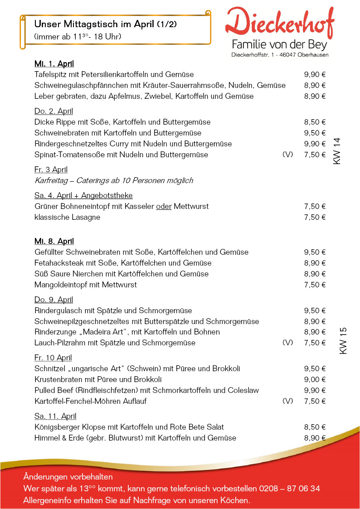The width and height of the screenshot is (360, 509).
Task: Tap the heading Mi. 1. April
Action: (x=54, y=64)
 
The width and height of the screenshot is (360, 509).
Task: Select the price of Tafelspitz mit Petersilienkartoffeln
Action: (x=315, y=75)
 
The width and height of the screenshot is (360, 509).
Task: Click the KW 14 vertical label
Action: (x=337, y=151)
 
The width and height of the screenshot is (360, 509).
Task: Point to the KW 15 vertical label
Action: (x=343, y=341)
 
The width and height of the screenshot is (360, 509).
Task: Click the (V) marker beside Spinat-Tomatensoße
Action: (x=287, y=155)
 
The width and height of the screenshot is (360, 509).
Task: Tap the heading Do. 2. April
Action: (x=54, y=111)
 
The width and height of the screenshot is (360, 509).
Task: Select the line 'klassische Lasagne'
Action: (x=67, y=217)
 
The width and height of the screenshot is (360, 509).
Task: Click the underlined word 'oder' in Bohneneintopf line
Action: (x=163, y=206)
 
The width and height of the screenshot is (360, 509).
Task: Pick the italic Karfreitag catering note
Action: (x=114, y=180)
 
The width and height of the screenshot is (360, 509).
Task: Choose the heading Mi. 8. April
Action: (x=54, y=241)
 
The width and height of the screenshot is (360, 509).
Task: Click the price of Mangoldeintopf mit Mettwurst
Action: (x=315, y=285)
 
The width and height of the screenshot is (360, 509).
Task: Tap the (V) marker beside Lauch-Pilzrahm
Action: (x=287, y=343)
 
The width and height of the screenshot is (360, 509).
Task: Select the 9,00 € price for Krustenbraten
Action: (x=315, y=379)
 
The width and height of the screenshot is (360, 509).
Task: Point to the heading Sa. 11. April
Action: (x=55, y=416)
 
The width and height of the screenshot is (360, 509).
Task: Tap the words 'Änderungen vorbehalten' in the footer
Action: (x=68, y=477)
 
